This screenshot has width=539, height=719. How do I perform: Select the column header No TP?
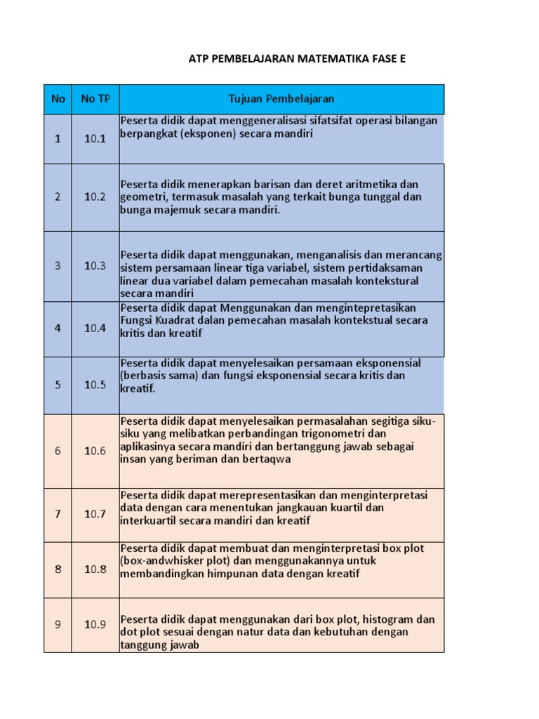(95, 99)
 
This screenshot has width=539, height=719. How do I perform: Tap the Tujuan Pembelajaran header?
(281, 99)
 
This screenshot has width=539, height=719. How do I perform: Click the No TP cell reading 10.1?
(95, 139)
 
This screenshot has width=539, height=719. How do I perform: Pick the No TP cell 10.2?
(95, 197)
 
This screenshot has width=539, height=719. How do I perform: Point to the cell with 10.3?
(95, 266)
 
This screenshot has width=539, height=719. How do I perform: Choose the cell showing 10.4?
(95, 329)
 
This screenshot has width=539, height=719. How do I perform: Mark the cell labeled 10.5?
(95, 385)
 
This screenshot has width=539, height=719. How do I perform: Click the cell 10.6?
(95, 451)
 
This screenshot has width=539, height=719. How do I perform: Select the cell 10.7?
(95, 514)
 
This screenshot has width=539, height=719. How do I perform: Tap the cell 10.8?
(95, 569)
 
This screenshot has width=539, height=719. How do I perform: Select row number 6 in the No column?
(58, 451)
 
